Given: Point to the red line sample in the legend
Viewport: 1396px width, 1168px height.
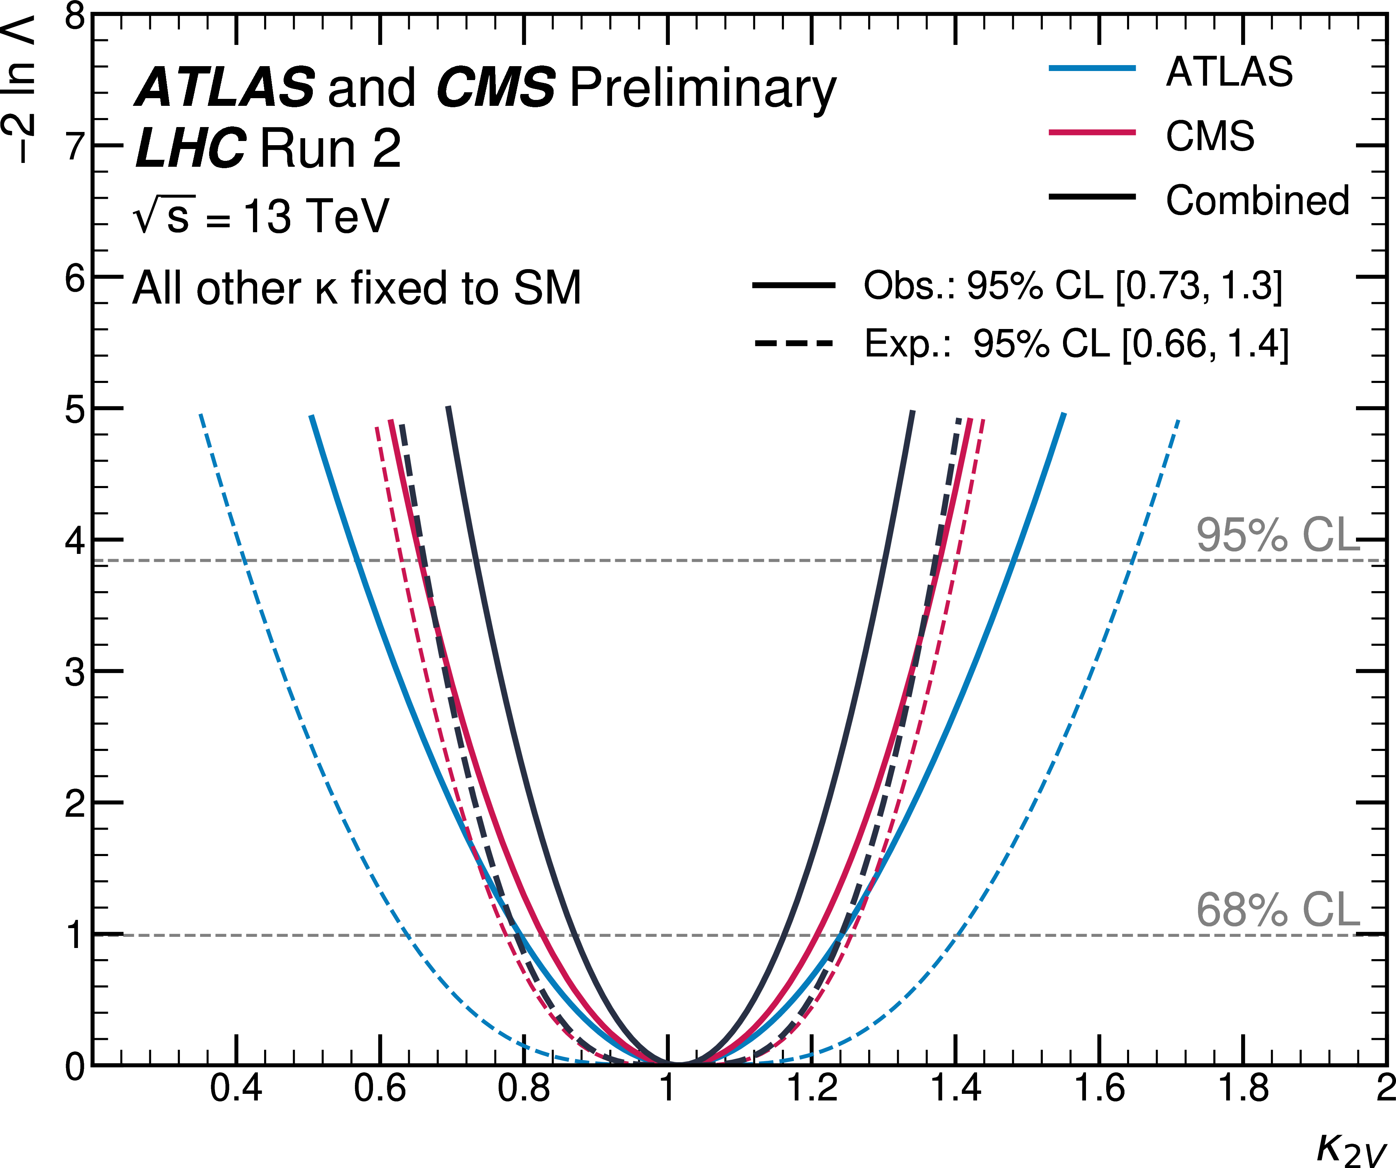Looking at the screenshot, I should (1092, 132).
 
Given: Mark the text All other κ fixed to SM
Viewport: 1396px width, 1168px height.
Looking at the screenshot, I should (357, 288).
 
